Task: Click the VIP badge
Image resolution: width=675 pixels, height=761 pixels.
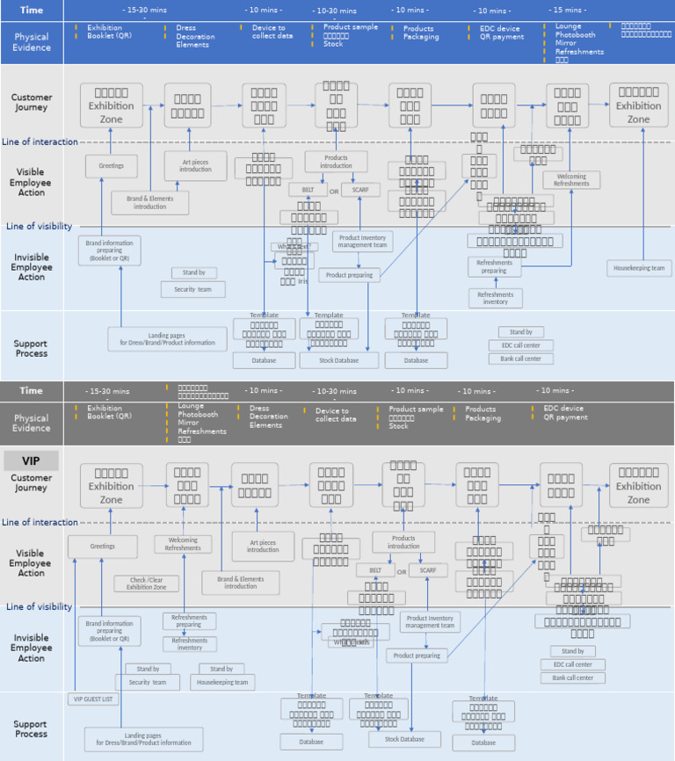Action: coord(32,460)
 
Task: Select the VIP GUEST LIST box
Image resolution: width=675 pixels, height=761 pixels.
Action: coord(93,699)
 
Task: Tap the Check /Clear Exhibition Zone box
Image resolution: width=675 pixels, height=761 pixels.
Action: coord(146,583)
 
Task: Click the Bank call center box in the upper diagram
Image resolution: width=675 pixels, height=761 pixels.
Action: coord(520,359)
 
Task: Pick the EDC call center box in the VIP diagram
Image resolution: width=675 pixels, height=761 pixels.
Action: coord(572,664)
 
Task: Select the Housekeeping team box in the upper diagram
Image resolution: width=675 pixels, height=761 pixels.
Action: coord(639,268)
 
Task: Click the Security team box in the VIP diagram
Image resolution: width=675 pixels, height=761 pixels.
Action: coord(147,682)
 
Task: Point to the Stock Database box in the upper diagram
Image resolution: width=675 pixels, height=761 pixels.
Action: coord(339,360)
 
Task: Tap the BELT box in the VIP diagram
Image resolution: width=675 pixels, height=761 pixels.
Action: coord(375,570)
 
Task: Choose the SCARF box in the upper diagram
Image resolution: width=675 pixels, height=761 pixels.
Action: coord(360,190)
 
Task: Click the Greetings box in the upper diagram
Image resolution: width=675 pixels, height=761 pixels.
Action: coord(112,165)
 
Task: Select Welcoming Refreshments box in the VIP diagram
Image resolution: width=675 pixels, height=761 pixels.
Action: coord(183,544)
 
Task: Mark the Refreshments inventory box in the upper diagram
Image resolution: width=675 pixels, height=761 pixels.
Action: coord(495,298)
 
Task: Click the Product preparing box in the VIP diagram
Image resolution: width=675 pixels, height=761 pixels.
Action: coord(417,656)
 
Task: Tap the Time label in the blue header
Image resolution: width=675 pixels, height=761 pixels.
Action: coord(32,10)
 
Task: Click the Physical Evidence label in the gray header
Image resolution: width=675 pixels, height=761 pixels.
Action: coord(32,424)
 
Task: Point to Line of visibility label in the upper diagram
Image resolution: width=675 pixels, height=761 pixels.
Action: coord(39,226)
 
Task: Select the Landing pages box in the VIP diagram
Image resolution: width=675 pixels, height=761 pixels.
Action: coord(143,738)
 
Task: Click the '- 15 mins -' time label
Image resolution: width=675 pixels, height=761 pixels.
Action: coord(567,10)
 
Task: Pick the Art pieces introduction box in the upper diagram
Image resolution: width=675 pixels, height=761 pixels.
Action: coord(195,165)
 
